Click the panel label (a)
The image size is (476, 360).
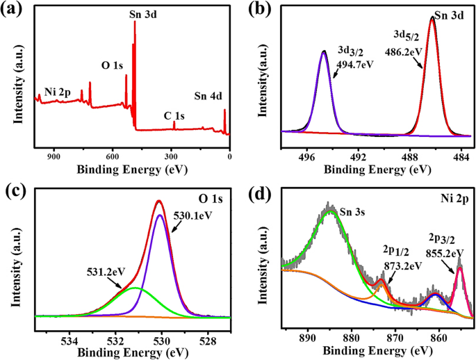click(x=15, y=9)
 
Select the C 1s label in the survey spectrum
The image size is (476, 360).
click(x=174, y=115)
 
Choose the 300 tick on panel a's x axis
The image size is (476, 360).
click(x=171, y=158)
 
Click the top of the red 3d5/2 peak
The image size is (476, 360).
click(x=432, y=18)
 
